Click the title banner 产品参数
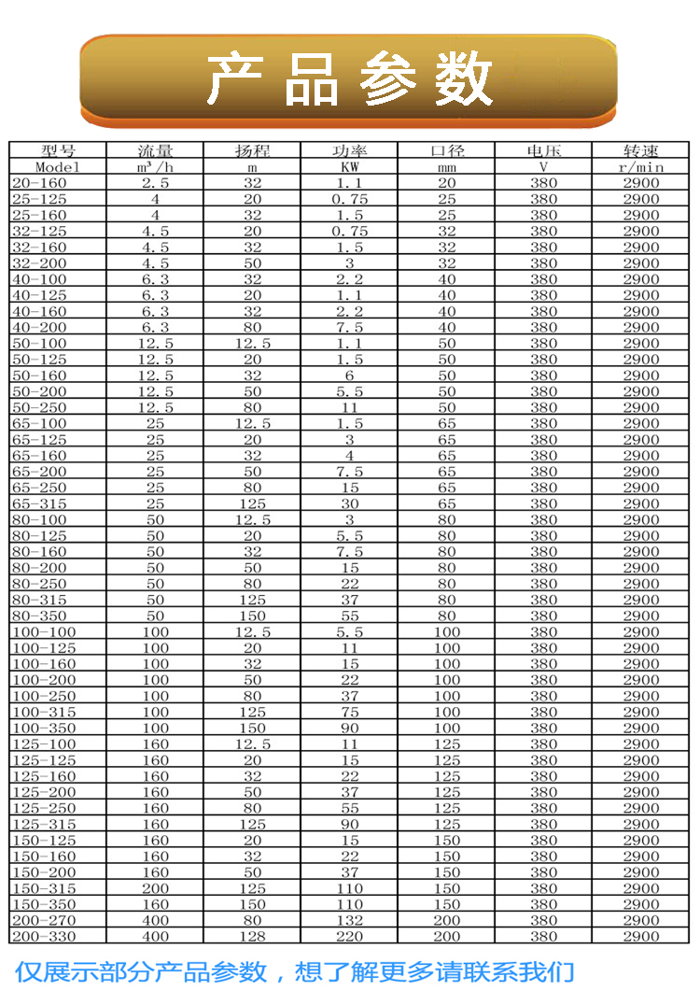[349, 78]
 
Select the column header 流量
[155, 150]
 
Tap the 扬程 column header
[252, 150]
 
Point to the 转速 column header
[640, 150]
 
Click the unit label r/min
[640, 166]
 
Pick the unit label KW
[349, 166]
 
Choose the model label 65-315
[39, 503]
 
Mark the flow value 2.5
[155, 183]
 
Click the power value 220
[349, 936]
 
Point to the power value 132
[349, 920]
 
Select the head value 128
[252, 936]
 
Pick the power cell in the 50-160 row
[349, 375]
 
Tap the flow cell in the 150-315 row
[155, 888]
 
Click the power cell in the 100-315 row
[349, 712]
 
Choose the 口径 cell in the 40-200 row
[447, 328]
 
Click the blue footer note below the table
[294, 970]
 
